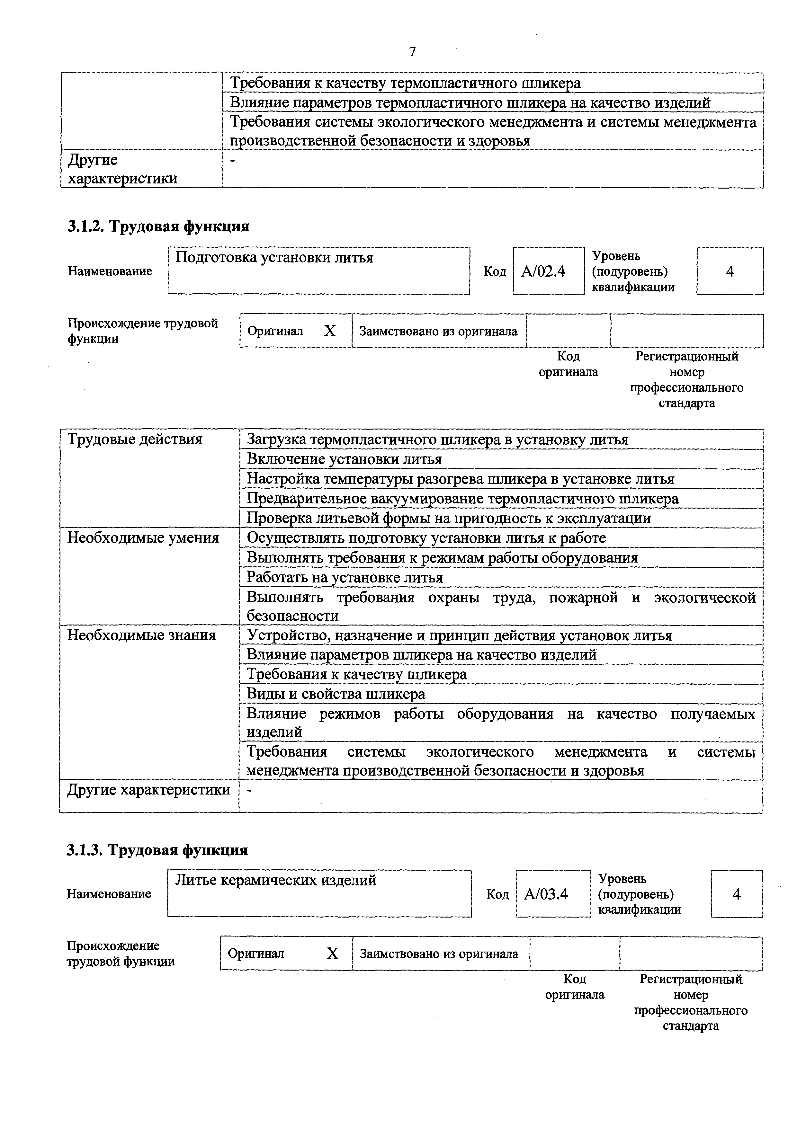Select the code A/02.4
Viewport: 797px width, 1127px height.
[543, 271]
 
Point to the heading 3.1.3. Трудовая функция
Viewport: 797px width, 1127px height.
[157, 850]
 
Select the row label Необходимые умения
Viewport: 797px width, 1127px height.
[143, 537]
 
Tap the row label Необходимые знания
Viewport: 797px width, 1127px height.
[141, 635]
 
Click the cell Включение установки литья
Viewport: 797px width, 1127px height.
[344, 459]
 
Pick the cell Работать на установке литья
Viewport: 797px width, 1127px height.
[345, 577]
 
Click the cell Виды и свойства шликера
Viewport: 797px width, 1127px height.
[336, 694]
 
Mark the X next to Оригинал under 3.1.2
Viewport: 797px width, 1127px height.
[330, 331]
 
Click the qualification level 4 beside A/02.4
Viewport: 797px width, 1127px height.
[730, 271]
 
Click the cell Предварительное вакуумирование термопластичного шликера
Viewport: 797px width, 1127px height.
[462, 499]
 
